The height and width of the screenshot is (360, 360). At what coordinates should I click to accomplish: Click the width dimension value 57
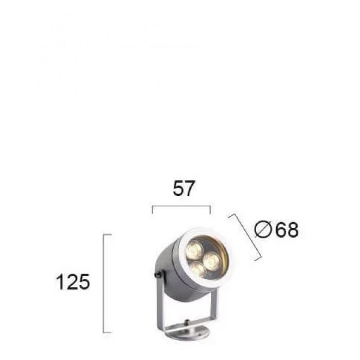pyautogui.click(x=184, y=188)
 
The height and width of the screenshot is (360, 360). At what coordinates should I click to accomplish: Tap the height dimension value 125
pyautogui.click(x=73, y=282)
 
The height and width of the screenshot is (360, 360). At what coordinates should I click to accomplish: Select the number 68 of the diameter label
pyautogui.click(x=287, y=229)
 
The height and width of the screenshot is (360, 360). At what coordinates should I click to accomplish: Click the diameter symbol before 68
pyautogui.click(x=263, y=229)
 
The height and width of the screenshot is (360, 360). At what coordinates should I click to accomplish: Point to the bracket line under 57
pyautogui.click(x=182, y=207)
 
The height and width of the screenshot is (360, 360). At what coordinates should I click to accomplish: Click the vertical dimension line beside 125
pyautogui.click(x=104, y=283)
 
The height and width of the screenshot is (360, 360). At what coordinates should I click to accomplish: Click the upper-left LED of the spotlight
pyautogui.click(x=194, y=249)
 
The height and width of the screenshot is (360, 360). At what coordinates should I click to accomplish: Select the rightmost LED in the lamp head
pyautogui.click(x=212, y=261)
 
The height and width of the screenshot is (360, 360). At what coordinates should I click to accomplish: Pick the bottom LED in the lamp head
pyautogui.click(x=198, y=270)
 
